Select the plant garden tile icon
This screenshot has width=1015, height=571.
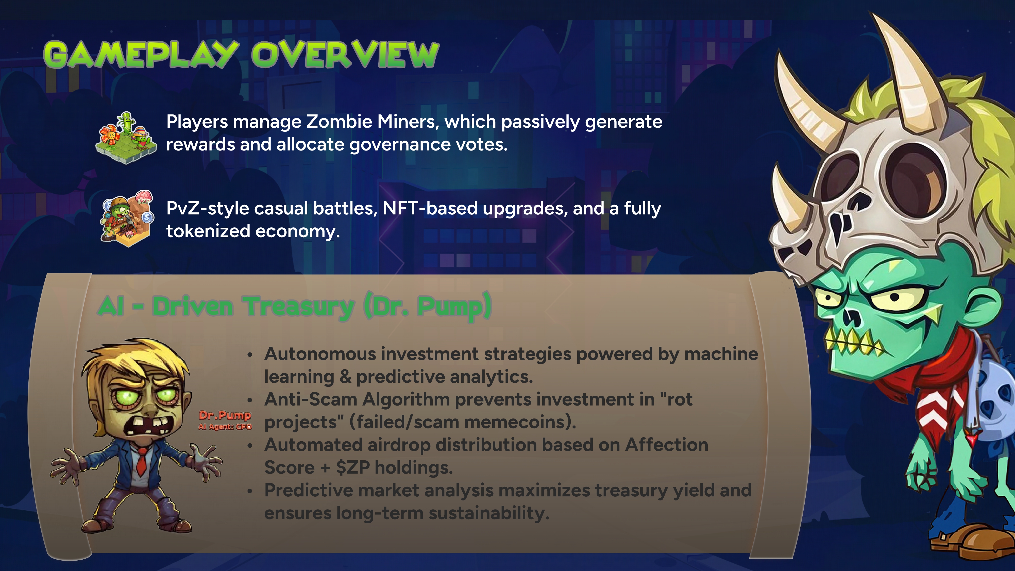click(126, 138)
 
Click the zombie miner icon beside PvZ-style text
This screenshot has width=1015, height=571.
click(126, 219)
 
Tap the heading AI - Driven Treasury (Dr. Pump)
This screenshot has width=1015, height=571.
click(294, 306)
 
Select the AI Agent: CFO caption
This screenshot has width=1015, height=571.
click(225, 427)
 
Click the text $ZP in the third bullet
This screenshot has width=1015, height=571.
click(353, 468)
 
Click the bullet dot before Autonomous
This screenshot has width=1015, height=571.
click(249, 355)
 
